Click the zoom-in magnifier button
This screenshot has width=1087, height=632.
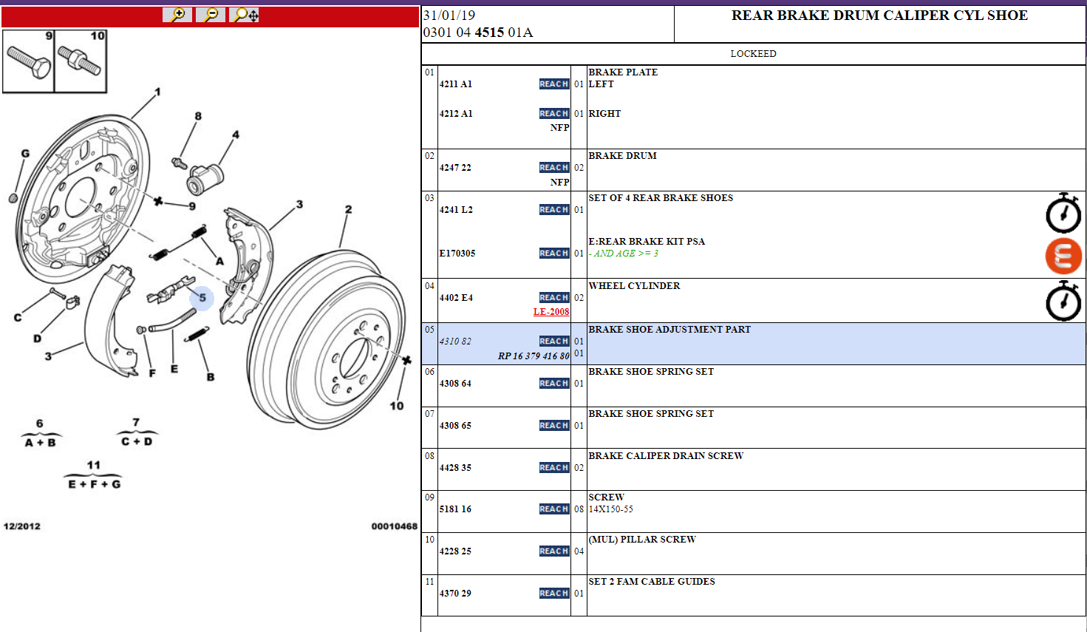tap(177, 15)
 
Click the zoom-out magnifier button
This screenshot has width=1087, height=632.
tap(211, 15)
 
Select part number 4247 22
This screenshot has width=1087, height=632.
tap(455, 168)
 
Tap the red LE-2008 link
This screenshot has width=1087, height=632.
tap(551, 312)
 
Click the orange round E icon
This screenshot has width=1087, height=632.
tap(1063, 256)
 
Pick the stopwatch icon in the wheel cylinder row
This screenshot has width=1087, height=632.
tap(1063, 301)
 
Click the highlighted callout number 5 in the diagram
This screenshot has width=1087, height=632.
tap(202, 298)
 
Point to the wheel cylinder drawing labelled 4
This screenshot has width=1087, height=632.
tap(205, 179)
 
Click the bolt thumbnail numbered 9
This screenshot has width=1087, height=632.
tap(28, 61)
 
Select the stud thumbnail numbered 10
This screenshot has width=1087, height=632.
tap(81, 61)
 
